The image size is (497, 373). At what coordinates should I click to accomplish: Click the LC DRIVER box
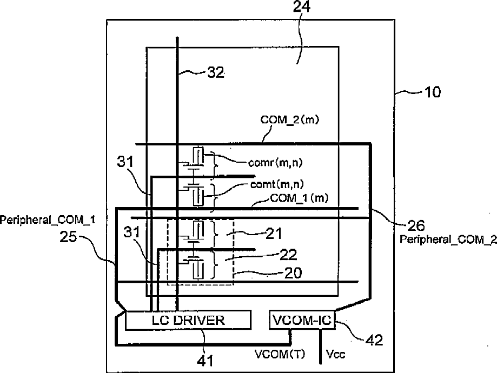tap(188, 320)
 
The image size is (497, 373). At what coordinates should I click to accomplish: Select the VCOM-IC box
tap(302, 320)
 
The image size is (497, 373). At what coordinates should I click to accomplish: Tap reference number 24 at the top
tap(302, 6)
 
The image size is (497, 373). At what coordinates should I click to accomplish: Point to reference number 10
tap(432, 92)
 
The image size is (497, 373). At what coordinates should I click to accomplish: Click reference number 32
tap(216, 72)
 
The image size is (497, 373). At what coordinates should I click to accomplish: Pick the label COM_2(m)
tap(290, 120)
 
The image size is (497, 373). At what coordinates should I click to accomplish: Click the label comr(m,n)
tap(275, 163)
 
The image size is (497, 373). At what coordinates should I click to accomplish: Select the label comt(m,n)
tap(277, 184)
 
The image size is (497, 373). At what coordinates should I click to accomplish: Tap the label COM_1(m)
tap(299, 198)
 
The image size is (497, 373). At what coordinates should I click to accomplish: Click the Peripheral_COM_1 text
tap(48, 219)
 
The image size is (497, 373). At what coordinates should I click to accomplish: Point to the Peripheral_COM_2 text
tap(448, 239)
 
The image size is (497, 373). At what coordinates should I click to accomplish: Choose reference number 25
tap(68, 237)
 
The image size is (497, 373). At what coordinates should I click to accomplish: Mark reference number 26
tap(416, 225)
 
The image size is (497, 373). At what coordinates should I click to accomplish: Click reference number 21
tap(274, 234)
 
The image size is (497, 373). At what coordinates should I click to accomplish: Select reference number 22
tap(288, 255)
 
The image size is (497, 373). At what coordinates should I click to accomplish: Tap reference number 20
tap(293, 273)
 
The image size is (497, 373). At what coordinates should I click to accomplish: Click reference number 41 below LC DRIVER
tap(206, 361)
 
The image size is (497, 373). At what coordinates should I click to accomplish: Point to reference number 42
tap(374, 340)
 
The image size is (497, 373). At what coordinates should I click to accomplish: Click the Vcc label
tap(336, 354)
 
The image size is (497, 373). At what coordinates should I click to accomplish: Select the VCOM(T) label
tap(280, 354)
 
